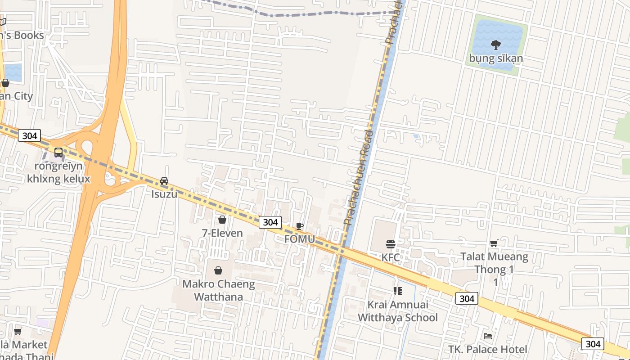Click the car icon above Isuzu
pyautogui.click(x=164, y=181)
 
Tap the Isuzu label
pyautogui.click(x=164, y=194)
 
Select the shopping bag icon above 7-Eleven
pyautogui.click(x=222, y=220)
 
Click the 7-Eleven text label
pyautogui.click(x=222, y=233)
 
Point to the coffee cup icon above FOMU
pyautogui.click(x=299, y=226)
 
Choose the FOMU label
pyautogui.click(x=299, y=239)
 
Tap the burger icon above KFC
pyautogui.click(x=390, y=244)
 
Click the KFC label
pyautogui.click(x=390, y=258)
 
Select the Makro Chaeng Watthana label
pyautogui.click(x=218, y=290)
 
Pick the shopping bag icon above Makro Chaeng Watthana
pyautogui.click(x=218, y=270)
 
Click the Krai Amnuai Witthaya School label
pyautogui.click(x=397, y=311)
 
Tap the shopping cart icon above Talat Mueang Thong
pyautogui.click(x=494, y=243)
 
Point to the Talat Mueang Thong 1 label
pyautogui.click(x=494, y=263)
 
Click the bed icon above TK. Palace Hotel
pyautogui.click(x=487, y=336)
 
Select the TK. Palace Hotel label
pyautogui.click(x=487, y=349)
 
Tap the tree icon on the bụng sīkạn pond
pyautogui.click(x=496, y=45)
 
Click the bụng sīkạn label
pyautogui.click(x=496, y=58)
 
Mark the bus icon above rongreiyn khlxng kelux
pyautogui.click(x=58, y=153)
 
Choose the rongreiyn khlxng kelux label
pyautogui.click(x=58, y=172)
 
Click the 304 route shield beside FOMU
pyautogui.click(x=270, y=222)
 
